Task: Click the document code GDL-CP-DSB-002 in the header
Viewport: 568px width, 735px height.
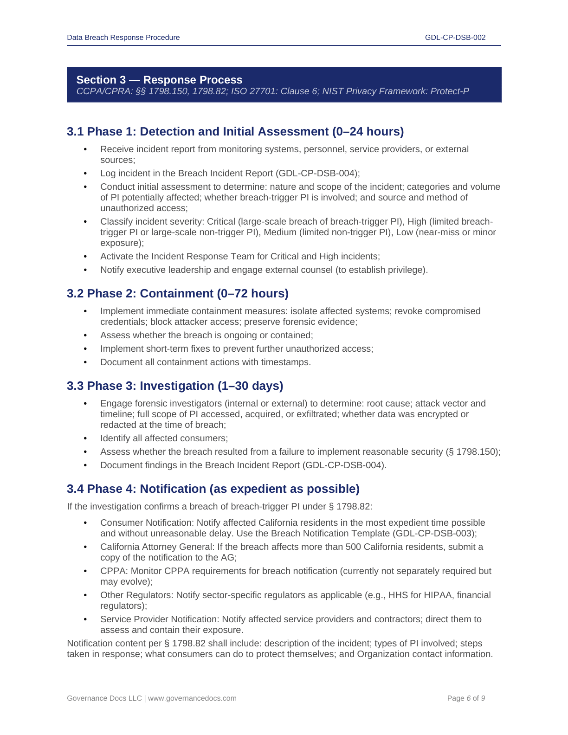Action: (455, 38)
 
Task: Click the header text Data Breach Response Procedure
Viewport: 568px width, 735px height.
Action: (123, 38)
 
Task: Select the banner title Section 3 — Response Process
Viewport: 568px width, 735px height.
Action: (159, 80)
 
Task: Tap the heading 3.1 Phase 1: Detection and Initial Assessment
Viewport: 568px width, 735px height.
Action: (235, 132)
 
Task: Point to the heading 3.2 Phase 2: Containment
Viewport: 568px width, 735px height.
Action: (177, 294)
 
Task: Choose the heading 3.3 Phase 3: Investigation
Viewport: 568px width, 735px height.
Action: (174, 386)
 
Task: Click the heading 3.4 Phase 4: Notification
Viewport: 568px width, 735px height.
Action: (213, 489)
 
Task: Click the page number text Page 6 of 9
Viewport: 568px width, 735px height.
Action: (465, 698)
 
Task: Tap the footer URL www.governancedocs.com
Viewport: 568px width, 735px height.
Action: (192, 698)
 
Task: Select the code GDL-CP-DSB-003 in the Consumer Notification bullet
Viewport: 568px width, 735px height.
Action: (433, 534)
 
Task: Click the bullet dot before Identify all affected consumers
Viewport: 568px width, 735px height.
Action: (85, 438)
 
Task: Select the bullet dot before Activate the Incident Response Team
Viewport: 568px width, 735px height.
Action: (85, 257)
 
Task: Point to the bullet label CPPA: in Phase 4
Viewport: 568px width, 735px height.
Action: (114, 571)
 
